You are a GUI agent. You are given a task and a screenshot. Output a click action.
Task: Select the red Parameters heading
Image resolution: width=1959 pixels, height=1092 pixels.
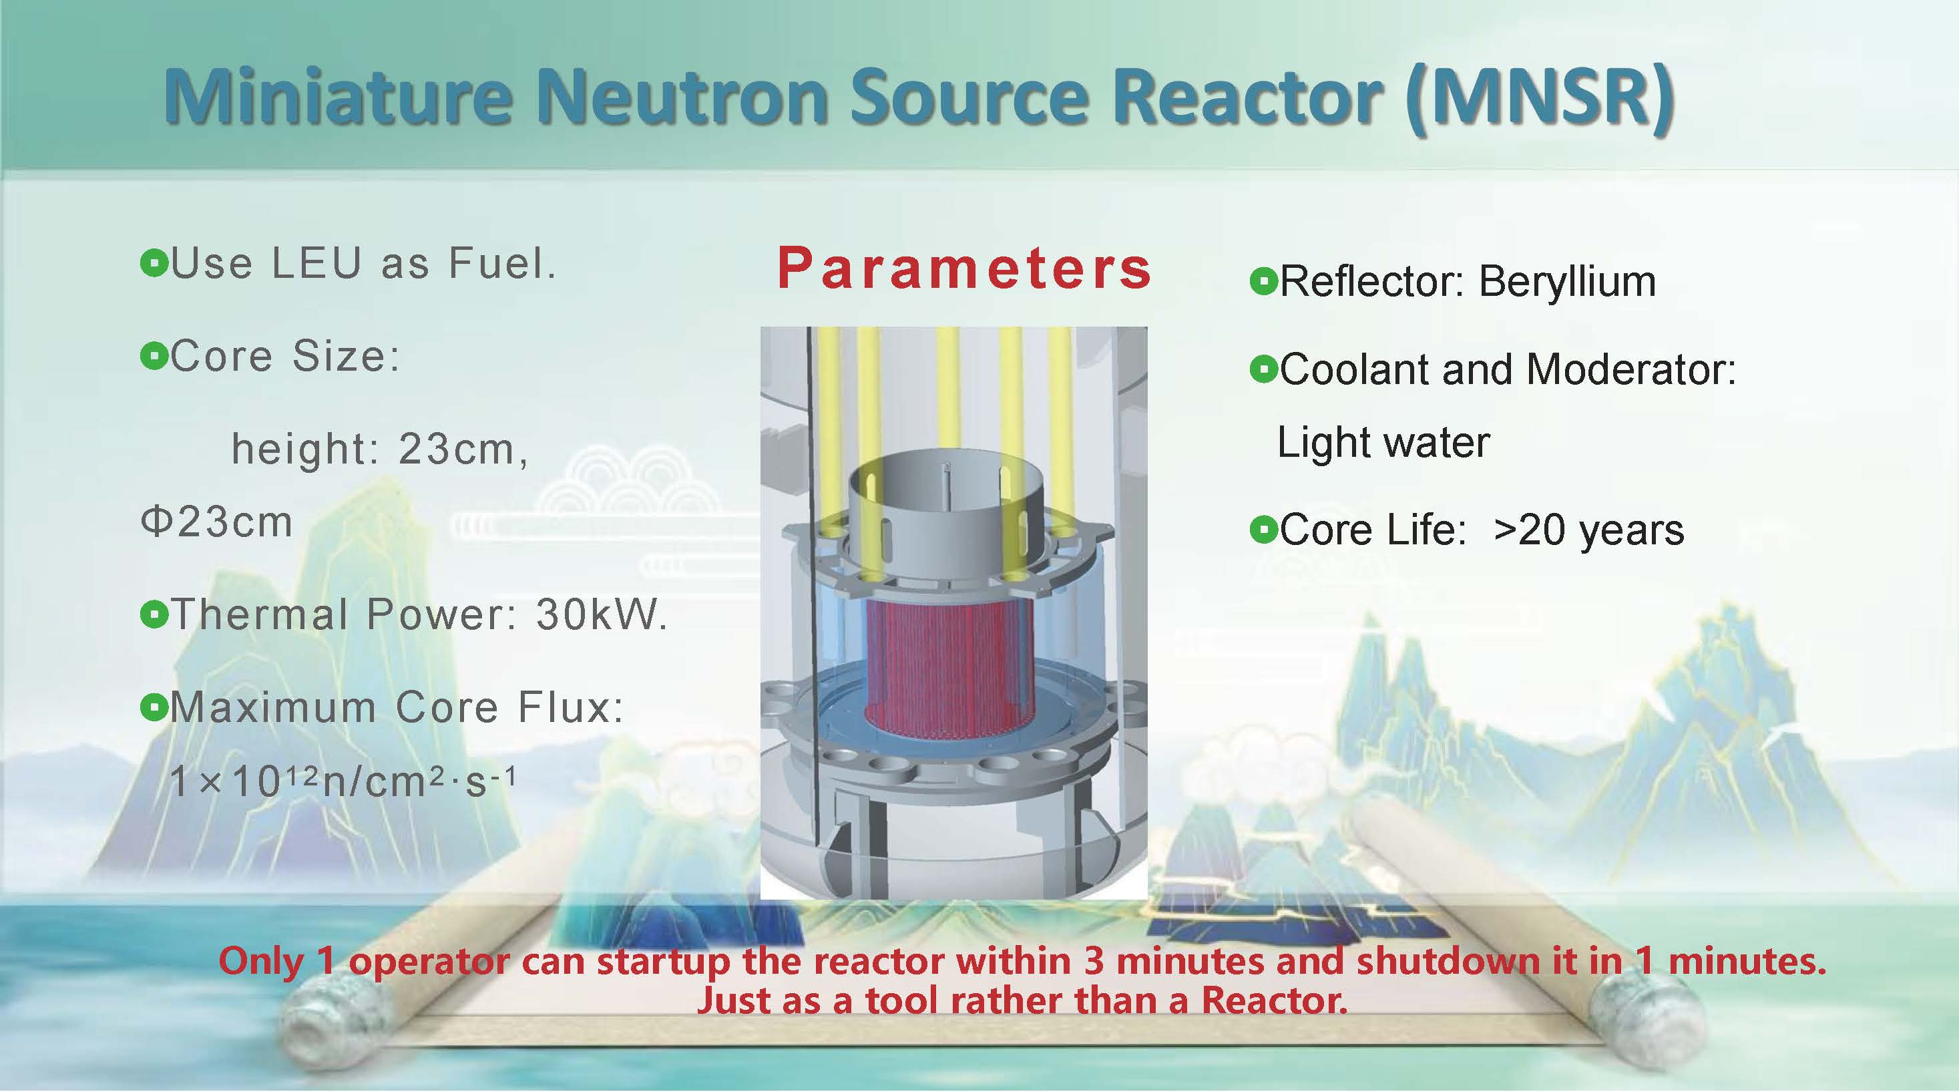964,268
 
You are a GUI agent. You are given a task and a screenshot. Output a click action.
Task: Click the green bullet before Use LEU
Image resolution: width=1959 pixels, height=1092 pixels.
154,264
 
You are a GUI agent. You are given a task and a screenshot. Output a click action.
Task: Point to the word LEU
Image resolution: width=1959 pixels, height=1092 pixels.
316,264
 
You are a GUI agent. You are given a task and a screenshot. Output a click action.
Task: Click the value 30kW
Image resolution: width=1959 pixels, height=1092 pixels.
602,614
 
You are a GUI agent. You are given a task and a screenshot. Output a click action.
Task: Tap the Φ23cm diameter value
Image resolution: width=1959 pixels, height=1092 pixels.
217,522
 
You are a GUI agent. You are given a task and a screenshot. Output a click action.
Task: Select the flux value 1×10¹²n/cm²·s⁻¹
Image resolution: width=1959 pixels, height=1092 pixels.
343,780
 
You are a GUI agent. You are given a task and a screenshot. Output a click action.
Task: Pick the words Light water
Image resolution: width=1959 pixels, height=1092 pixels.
1383,442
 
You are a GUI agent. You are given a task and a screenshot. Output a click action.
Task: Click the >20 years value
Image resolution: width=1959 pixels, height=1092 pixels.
1588,530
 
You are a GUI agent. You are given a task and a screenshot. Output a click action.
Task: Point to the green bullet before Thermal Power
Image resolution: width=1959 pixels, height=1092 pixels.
154,614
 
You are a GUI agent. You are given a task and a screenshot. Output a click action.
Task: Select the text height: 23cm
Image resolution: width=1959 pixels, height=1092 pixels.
379,449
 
